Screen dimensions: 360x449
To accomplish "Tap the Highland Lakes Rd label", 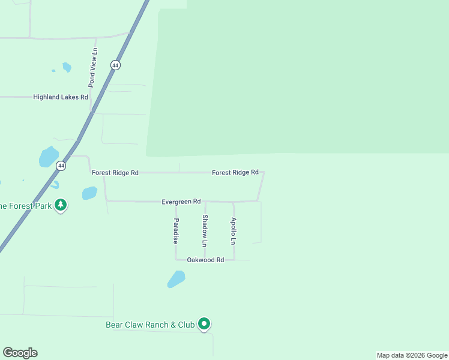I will point(61,97).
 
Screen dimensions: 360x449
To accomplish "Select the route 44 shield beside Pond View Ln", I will point(115,65).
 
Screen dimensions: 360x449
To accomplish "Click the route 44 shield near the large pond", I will point(61,165).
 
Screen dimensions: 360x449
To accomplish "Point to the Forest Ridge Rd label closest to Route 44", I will point(115,173).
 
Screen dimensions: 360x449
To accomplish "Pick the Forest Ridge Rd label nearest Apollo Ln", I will point(235,172).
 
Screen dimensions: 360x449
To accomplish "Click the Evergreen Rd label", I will point(181,202).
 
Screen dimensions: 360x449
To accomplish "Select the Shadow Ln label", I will point(205,231).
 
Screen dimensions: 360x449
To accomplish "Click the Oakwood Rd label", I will point(205,260).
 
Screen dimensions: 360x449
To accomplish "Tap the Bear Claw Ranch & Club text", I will point(150,325).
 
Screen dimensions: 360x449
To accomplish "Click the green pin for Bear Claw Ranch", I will point(204,324).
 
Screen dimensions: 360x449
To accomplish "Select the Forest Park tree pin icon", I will point(60,205).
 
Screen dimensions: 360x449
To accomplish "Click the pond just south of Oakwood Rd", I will point(176,279).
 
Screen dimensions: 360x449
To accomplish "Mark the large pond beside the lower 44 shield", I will point(49,157).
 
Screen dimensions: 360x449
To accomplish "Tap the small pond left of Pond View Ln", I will point(67,67).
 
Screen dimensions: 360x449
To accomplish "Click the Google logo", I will point(20,353).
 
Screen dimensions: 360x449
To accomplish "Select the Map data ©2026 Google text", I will point(412,355).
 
